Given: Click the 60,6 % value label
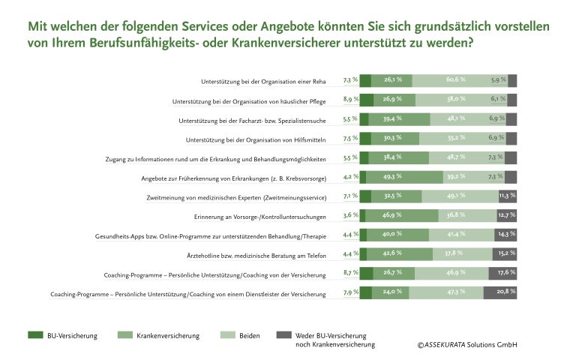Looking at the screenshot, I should click(x=455, y=79).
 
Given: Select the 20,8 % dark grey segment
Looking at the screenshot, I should click(x=500, y=292).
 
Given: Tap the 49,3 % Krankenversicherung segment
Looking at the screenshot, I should click(x=393, y=178).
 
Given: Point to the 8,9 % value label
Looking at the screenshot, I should click(x=350, y=99).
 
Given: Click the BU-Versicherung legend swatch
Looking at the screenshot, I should click(x=36, y=334).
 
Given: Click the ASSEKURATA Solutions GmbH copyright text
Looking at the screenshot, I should click(x=467, y=345).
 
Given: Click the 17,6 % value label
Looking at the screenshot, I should click(x=507, y=272).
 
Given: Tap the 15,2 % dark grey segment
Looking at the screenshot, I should click(x=504, y=254).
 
